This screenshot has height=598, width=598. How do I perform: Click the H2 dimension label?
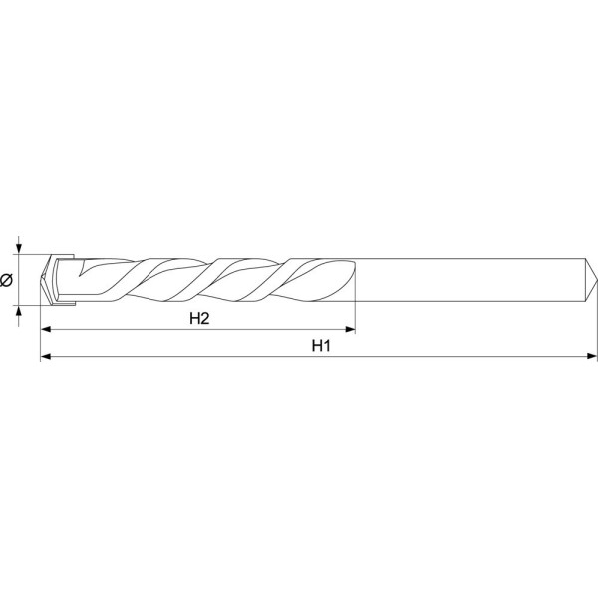199,318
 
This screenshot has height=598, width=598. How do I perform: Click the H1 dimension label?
321,346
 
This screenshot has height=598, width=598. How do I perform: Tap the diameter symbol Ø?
6,280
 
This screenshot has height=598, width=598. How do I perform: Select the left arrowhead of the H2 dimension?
46,329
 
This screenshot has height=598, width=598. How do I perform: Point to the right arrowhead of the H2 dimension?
350,329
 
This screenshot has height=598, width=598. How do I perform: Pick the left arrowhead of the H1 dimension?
46,356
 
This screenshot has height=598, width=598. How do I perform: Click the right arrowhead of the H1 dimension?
592,356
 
